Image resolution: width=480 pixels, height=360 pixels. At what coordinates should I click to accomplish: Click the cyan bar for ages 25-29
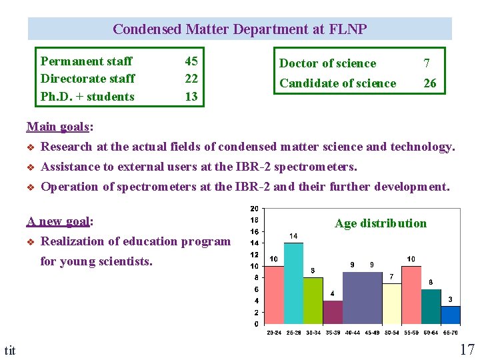(x=294, y=283)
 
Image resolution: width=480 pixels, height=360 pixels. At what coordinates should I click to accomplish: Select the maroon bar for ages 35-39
(x=333, y=312)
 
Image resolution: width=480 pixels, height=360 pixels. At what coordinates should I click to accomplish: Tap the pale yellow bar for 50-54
(x=392, y=303)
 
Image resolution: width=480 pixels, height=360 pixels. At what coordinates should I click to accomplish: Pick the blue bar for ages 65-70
(x=451, y=315)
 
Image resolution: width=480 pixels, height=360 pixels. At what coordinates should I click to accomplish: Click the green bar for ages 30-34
(x=313, y=301)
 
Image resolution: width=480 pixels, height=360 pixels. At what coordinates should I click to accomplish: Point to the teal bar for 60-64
(x=431, y=307)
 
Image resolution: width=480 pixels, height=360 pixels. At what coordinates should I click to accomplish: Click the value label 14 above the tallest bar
(x=293, y=236)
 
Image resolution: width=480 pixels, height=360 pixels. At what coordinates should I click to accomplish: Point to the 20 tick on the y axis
(x=254, y=209)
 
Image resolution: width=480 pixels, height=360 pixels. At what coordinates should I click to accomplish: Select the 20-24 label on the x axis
(x=274, y=332)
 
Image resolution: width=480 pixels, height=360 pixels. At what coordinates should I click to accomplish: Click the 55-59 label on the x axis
(x=411, y=332)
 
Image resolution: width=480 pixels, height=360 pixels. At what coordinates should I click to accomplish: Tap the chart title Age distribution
(x=381, y=223)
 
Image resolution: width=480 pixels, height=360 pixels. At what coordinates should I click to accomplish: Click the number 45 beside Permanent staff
(x=191, y=61)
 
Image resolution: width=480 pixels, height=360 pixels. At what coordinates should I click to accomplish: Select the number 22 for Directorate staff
(x=191, y=79)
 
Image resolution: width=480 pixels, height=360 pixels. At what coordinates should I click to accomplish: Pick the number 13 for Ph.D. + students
(x=191, y=96)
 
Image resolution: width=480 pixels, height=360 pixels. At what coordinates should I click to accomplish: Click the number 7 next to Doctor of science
(x=427, y=63)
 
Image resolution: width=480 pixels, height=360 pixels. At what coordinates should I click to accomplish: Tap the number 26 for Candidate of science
(x=430, y=83)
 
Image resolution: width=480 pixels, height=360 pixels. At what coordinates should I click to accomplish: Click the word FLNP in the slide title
(x=347, y=29)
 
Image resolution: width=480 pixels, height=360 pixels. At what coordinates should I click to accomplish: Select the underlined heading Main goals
(x=59, y=126)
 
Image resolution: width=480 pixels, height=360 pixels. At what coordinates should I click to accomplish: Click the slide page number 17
(x=467, y=349)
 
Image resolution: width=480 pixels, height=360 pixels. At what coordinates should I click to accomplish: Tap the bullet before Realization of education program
(x=31, y=242)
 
